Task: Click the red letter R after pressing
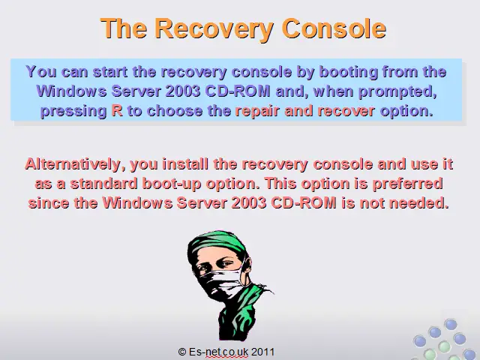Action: tap(117, 110)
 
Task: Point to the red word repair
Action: tap(257, 112)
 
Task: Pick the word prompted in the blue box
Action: tap(397, 91)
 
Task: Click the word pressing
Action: tap(73, 112)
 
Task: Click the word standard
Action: tap(103, 184)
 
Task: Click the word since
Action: tap(49, 203)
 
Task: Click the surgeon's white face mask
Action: tap(223, 282)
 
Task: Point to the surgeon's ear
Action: tap(247, 265)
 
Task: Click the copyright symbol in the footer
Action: tap(182, 352)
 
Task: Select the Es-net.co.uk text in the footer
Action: tap(218, 352)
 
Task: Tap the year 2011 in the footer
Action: tap(262, 352)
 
